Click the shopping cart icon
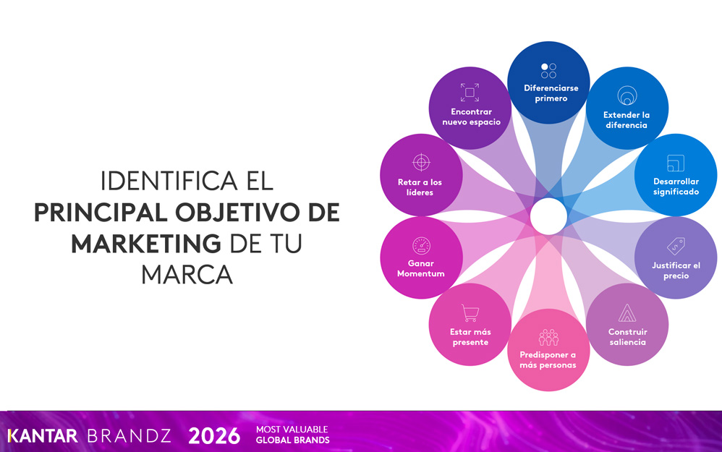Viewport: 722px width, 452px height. (470, 313)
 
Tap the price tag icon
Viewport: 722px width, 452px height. (676, 247)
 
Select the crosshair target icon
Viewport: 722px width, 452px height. (421, 163)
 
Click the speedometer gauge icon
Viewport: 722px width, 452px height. (421, 246)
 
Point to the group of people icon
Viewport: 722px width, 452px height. (548, 338)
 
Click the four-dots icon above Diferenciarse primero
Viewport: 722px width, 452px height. (548, 71)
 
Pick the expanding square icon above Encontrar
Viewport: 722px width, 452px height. (470, 93)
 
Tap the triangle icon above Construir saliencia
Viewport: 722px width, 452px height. (627, 313)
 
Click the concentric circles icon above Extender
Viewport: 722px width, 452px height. (627, 95)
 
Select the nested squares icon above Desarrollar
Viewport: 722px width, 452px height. (676, 163)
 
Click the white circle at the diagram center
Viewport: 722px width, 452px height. (548, 216)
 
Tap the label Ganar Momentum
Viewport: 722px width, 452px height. (421, 268)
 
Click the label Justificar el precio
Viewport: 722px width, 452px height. (676, 270)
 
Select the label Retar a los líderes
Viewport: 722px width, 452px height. (420, 187)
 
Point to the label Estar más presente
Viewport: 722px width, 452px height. (470, 337)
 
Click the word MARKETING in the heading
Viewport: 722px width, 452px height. (146, 244)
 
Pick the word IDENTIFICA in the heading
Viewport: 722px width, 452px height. (169, 181)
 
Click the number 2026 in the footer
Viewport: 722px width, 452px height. (214, 435)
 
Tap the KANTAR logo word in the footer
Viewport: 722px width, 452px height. (43, 436)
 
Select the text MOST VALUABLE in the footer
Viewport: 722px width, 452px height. (292, 430)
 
